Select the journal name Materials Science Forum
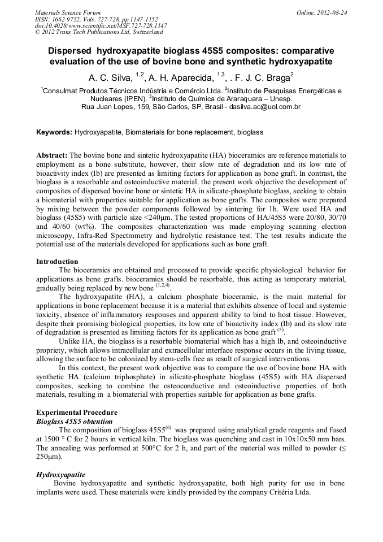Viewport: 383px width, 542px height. point(68,12)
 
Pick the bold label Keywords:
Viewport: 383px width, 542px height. point(54,132)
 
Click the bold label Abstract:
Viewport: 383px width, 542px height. point(52,155)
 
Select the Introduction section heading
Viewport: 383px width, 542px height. point(57,262)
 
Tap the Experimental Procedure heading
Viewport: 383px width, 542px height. point(77,413)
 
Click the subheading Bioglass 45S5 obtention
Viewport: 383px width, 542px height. point(75,422)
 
